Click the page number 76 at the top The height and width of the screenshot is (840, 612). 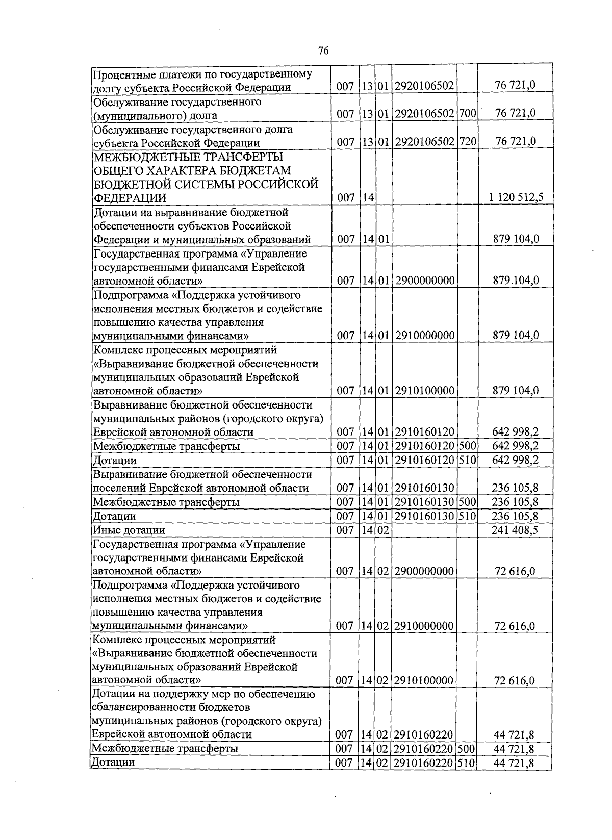pos(323,50)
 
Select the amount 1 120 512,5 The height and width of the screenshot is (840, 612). pos(515,197)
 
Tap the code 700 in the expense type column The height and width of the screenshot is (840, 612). pos(467,113)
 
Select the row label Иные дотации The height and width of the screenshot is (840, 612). pos(129,530)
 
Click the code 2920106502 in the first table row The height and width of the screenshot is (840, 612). pos(424,86)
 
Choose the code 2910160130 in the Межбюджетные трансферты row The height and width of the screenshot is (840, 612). pos(424,502)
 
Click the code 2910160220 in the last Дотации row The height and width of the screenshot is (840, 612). pos(424,762)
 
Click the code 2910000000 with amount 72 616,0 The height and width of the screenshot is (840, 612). pos(424,626)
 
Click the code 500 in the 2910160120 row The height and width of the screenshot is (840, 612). pos(467,446)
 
